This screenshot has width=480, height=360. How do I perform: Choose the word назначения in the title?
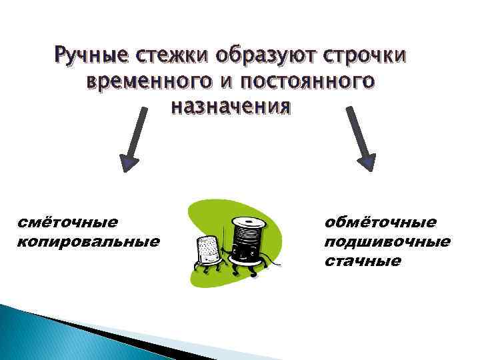231,106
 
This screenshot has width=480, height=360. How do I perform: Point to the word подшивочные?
387,241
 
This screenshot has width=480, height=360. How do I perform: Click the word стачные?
363,260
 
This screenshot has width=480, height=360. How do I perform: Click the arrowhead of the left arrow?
129,163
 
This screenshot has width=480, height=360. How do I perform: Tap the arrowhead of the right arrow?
366,162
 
